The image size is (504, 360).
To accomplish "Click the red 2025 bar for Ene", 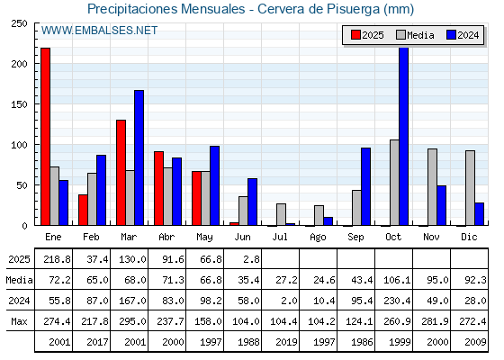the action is coord(45,137).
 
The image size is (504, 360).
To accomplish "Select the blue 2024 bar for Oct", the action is coord(404,137).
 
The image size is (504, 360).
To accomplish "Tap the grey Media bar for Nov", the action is coord(432,187).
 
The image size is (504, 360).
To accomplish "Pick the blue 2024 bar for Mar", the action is coord(139,157).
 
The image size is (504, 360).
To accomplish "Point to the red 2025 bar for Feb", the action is coord(83,210).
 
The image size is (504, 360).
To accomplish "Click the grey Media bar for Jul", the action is coord(281,214).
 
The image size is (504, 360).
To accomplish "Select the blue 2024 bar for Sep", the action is coord(365,187).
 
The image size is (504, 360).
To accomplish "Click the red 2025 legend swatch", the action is coord(355,35).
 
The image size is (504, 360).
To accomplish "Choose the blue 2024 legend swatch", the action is coord(451,35).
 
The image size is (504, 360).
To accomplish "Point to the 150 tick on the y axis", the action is coord(19,104).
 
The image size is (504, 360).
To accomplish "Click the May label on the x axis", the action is coord(204,238).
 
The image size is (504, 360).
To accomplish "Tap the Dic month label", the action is coord(469,237).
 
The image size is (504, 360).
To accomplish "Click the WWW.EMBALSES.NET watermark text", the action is coord(99,31).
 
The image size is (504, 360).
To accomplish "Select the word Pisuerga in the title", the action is coord(354,9).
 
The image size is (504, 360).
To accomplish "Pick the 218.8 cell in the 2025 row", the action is coord(57,259).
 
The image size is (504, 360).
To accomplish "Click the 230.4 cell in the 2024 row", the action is coord(397,301).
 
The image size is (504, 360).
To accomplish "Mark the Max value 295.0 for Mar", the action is coord(132,321).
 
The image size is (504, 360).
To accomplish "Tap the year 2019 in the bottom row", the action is coord(286,342).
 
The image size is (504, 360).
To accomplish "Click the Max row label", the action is coord(19,321).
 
